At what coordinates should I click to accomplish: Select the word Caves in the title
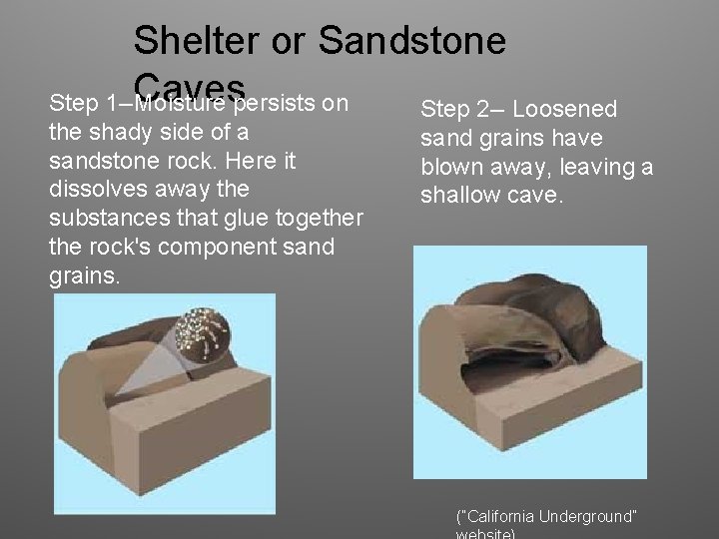(x=190, y=85)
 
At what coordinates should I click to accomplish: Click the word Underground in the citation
(x=587, y=516)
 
